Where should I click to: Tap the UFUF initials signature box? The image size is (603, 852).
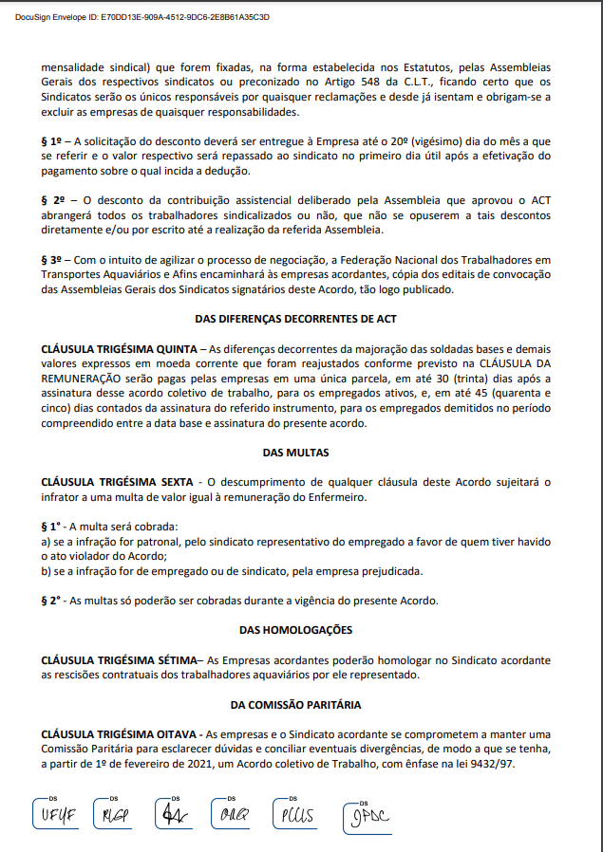(57, 815)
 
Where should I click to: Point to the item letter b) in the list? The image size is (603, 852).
(47, 570)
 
